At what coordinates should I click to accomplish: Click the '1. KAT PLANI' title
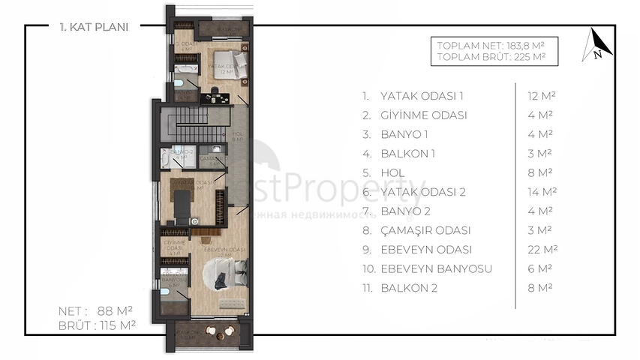click(94, 27)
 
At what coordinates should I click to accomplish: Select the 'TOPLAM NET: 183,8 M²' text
click(491, 45)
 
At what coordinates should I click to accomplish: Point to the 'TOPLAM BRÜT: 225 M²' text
click(491, 56)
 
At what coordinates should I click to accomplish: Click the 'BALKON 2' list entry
click(409, 288)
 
